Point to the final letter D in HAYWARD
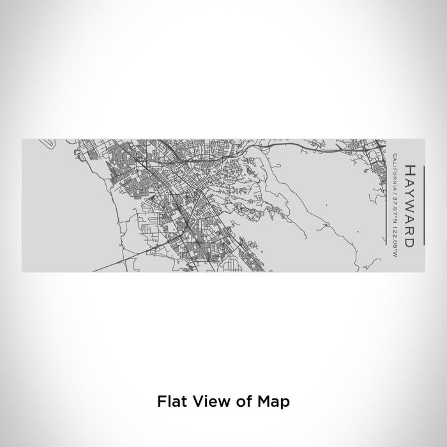(x=408, y=243)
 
